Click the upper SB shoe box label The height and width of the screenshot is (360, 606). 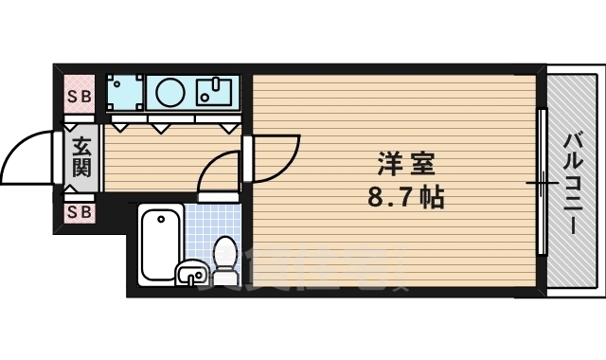click(80, 97)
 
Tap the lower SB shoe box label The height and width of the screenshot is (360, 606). click(80, 212)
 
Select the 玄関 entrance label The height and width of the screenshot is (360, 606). click(81, 156)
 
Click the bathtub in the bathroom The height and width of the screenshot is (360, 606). click(158, 243)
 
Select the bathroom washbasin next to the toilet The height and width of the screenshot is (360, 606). click(192, 274)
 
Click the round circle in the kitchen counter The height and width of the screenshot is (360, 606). click(170, 93)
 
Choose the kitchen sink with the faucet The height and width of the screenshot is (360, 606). click(216, 93)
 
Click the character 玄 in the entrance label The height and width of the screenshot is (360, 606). click(81, 146)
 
